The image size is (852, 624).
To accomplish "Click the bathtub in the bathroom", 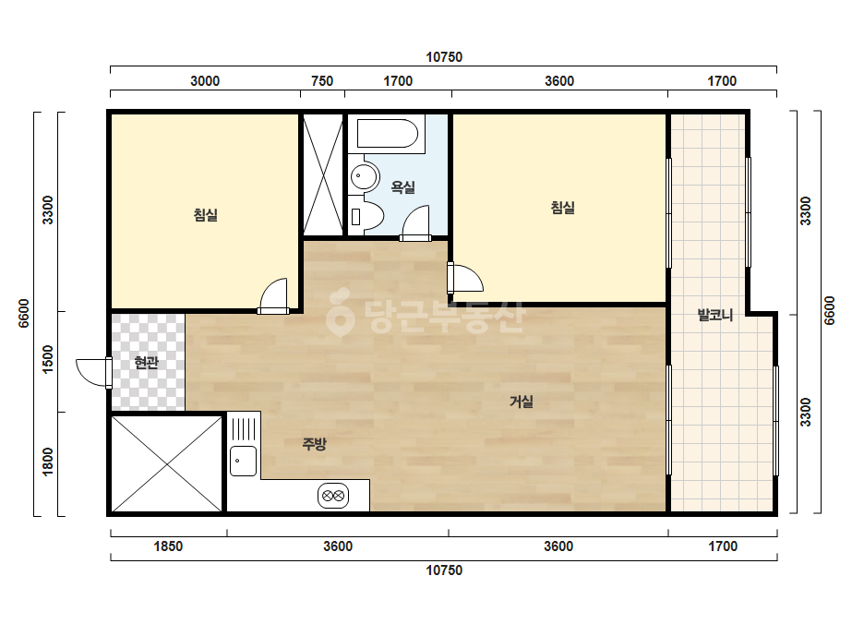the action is (x=388, y=134).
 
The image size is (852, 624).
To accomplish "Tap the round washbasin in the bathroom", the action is (x=364, y=176).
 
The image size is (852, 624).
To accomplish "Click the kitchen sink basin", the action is (x=243, y=461).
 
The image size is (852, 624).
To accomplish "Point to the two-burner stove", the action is (x=333, y=496).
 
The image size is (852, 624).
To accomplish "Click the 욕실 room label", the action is (x=403, y=187).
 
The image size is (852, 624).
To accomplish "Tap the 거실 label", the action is (x=522, y=402).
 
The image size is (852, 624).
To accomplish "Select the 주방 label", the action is (x=315, y=444).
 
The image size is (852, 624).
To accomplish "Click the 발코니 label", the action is (x=715, y=315).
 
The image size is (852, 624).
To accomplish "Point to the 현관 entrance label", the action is (x=146, y=363).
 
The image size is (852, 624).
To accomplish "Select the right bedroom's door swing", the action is (x=467, y=278).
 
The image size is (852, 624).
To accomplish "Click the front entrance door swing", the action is (x=92, y=372).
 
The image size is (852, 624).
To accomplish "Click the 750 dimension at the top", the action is (x=322, y=81).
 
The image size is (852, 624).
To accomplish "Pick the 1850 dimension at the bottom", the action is (x=168, y=546).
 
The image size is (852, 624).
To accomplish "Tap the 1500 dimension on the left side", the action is (x=48, y=359).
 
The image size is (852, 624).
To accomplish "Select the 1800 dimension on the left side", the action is (x=48, y=462).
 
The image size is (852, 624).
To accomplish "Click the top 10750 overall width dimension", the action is (x=444, y=57).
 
